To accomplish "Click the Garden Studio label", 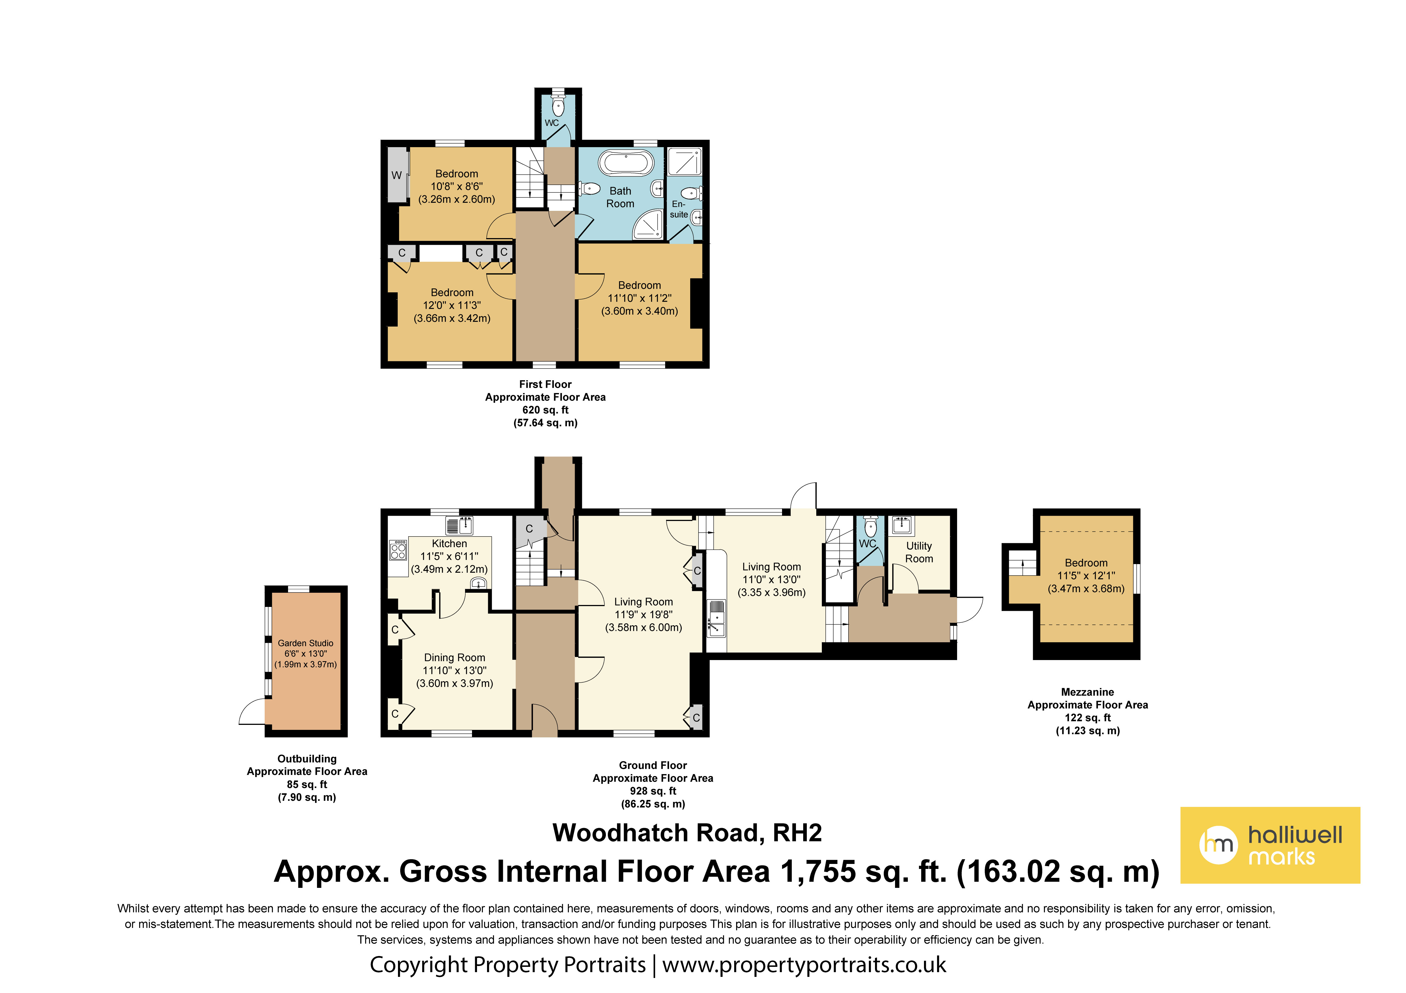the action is [306, 643].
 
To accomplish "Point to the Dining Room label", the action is [454, 658].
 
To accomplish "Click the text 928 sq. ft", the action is [653, 791].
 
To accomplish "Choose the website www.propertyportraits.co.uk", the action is [804, 965].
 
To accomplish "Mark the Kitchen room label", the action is [449, 544].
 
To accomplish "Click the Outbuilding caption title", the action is [307, 759].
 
